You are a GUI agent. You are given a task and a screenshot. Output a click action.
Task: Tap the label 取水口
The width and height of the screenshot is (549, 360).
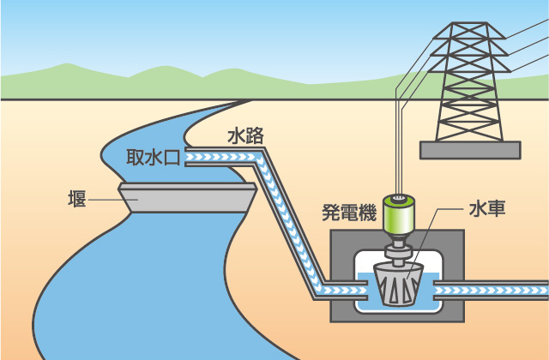152,158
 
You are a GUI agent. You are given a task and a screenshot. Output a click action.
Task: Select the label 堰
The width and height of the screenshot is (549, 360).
75,199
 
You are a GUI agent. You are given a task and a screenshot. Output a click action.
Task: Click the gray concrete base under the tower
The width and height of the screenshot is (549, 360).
469,150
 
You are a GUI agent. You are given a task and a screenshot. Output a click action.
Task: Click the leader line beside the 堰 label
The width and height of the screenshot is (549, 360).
103,199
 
